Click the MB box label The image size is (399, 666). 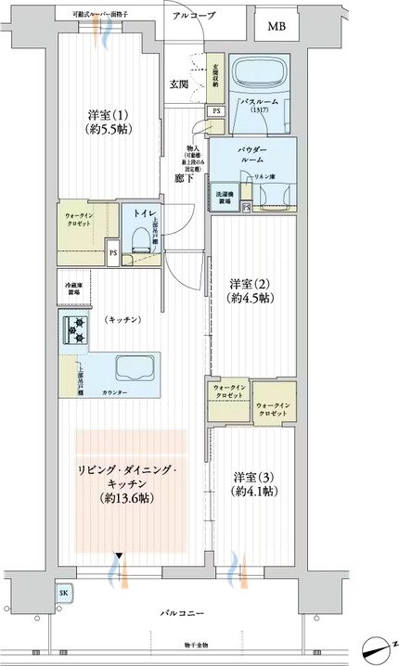(x=277, y=26)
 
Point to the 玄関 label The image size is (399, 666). (x=179, y=84)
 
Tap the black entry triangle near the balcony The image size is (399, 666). (x=118, y=557)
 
